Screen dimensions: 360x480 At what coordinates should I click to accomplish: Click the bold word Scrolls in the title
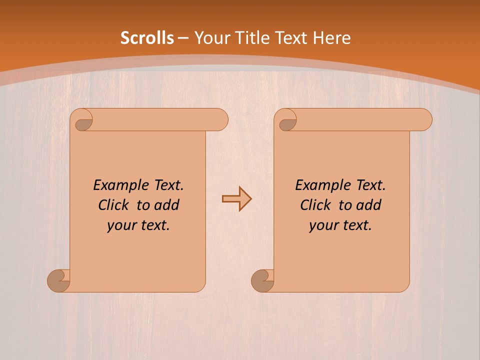click(147, 38)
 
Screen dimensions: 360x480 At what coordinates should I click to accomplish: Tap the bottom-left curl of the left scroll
click(59, 280)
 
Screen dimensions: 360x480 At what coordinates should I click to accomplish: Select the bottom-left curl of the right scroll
click(262, 280)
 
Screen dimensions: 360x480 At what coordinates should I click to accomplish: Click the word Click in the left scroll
click(114, 205)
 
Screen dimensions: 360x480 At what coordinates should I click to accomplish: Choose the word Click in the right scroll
click(315, 205)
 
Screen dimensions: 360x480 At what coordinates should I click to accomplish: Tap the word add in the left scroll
click(166, 205)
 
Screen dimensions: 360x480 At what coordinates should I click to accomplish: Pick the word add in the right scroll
click(368, 205)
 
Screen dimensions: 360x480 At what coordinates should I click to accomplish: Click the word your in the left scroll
click(121, 225)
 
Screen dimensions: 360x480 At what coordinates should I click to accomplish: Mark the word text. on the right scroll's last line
click(356, 225)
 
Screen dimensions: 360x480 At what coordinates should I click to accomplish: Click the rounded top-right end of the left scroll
click(220, 119)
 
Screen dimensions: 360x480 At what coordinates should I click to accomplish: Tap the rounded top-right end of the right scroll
click(424, 119)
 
